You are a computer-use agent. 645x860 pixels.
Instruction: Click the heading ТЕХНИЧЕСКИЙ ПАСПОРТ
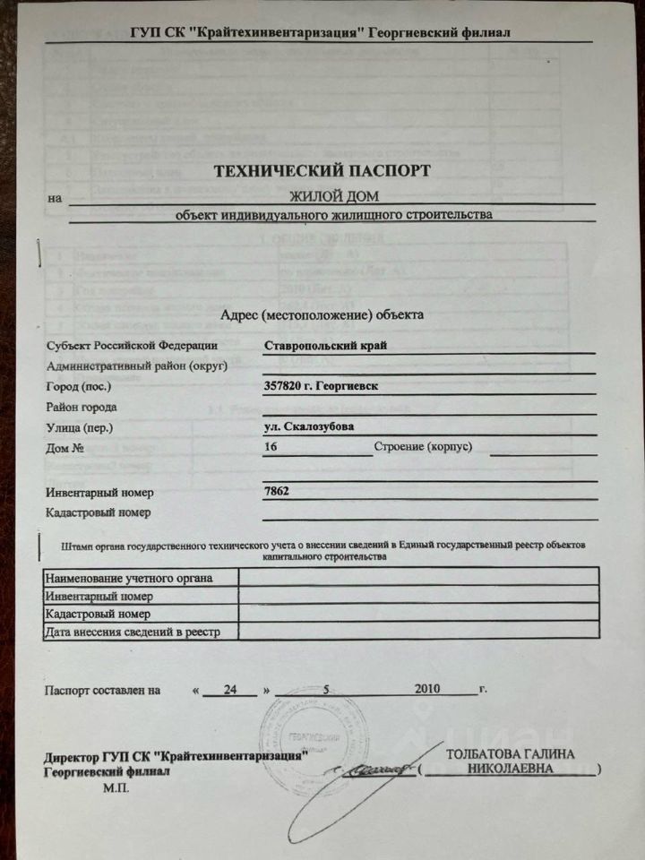(322, 169)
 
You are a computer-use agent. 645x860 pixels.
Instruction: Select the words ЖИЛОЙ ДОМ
(333, 196)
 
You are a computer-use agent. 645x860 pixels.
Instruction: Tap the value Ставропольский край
(326, 346)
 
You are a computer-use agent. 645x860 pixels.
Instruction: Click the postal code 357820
(284, 386)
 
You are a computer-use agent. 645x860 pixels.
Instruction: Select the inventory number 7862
(277, 491)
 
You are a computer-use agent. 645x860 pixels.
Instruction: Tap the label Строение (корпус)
(423, 446)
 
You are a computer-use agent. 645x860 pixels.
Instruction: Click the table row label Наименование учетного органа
(129, 578)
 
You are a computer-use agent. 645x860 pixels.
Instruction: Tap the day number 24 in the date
(231, 690)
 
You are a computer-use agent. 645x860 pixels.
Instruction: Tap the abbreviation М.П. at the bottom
(116, 788)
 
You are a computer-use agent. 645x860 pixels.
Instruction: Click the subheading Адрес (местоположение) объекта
(322, 314)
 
